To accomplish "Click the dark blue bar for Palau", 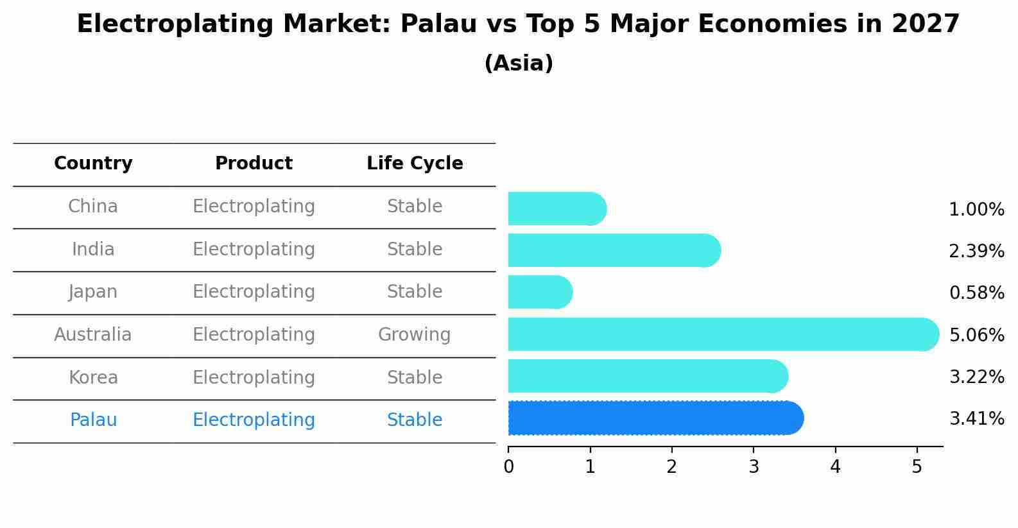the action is [x=656, y=418].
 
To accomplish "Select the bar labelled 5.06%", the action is [x=723, y=334].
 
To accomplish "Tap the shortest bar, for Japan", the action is [x=540, y=292].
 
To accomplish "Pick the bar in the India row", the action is [x=614, y=250].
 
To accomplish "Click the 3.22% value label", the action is [x=977, y=377].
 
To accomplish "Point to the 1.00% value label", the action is [x=977, y=210].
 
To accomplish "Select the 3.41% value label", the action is [x=977, y=418].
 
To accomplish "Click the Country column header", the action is [x=93, y=163].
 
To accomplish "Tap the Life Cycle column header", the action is [x=415, y=163].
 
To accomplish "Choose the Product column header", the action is [x=254, y=163].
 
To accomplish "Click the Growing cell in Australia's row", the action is [x=415, y=335].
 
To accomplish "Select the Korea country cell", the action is [x=93, y=377].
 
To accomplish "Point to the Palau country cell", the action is [x=93, y=420].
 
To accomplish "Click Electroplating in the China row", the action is [x=254, y=207].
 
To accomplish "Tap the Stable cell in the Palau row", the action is [x=415, y=420].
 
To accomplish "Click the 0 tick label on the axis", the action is [x=508, y=466].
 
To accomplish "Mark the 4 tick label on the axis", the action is [x=835, y=466].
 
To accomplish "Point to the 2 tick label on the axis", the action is [x=671, y=466].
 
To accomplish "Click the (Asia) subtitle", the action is [x=519, y=63].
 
